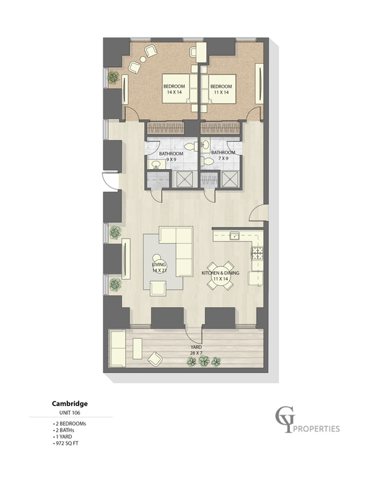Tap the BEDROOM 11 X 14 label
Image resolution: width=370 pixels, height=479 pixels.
220,89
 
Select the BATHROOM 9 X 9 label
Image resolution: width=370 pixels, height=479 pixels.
168,157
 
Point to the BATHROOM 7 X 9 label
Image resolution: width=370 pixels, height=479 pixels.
223,156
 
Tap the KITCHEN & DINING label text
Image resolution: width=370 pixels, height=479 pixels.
220,274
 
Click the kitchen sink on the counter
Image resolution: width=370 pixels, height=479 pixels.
234,236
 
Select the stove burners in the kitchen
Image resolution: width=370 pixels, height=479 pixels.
259,255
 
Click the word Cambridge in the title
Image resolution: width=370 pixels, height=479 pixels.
68,404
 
